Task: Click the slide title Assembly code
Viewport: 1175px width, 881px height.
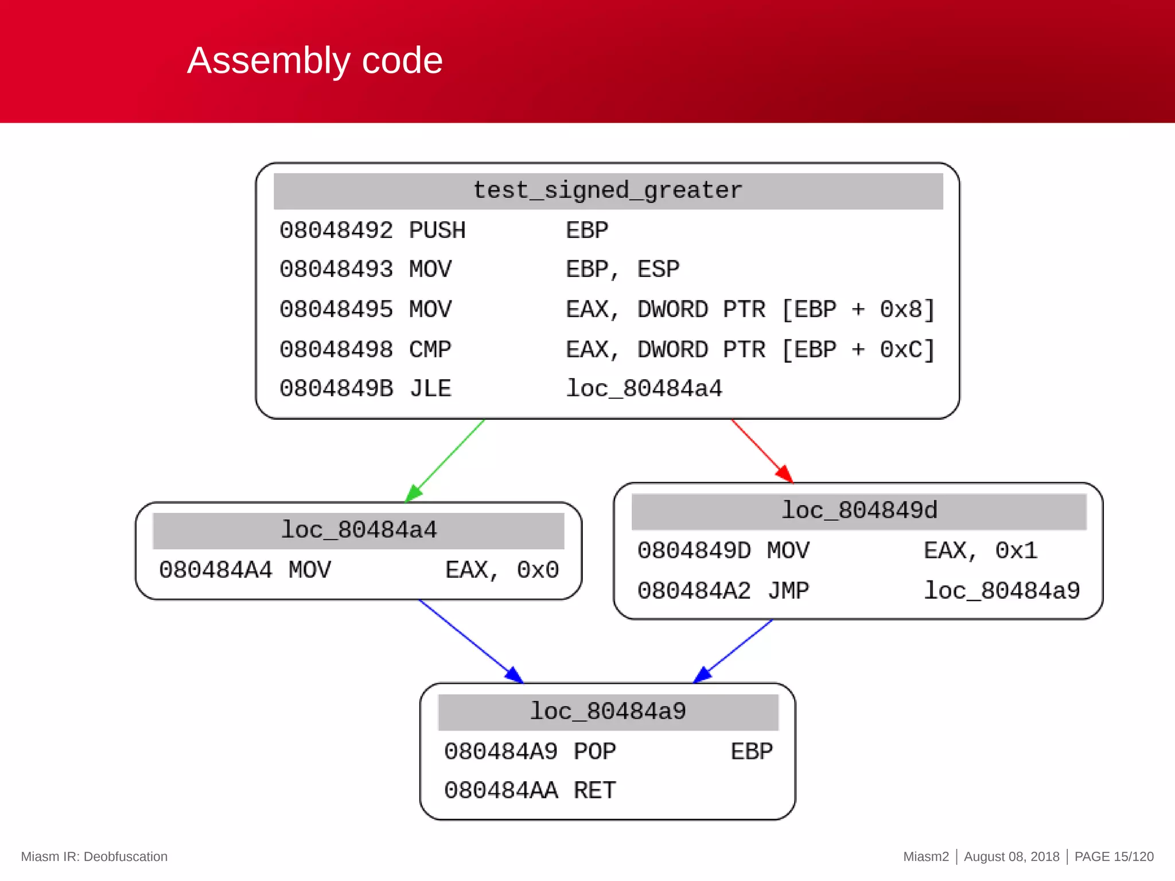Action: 314,61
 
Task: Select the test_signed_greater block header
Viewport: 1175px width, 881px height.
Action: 608,191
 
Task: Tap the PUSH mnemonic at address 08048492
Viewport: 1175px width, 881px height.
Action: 437,231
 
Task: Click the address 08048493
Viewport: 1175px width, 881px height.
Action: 336,270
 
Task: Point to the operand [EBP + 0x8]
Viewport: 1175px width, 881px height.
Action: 858,310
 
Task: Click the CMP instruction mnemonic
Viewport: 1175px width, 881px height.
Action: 430,349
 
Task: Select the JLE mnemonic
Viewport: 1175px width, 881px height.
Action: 430,389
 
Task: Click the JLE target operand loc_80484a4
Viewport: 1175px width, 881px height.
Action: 644,389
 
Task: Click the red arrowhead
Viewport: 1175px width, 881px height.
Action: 785,474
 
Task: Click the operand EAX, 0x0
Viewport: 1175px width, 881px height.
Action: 502,570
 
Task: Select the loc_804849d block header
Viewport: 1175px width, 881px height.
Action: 859,510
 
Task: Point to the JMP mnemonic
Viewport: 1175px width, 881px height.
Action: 788,591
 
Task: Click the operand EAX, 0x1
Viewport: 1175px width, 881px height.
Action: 981,551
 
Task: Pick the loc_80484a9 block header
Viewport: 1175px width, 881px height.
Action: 608,712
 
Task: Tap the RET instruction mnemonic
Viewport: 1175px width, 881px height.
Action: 594,791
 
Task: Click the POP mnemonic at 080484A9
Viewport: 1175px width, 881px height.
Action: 594,751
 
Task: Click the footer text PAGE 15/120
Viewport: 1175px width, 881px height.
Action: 1114,857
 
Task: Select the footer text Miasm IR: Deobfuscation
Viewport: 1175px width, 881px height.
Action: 94,857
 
